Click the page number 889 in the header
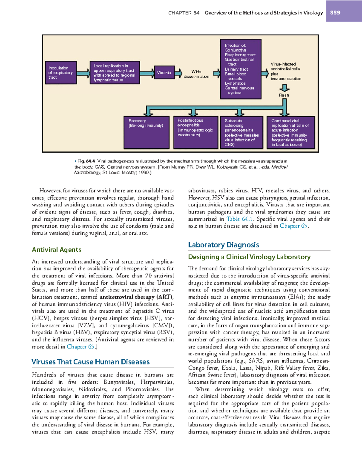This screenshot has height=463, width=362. (x=335, y=13)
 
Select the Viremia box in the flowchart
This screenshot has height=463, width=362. (x=164, y=73)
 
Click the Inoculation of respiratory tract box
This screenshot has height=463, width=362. (x=61, y=73)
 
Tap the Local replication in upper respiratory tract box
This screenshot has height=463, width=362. (x=115, y=73)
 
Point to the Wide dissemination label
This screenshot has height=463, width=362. (x=196, y=74)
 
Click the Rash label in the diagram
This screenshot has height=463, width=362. (x=284, y=95)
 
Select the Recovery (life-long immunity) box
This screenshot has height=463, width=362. (x=147, y=132)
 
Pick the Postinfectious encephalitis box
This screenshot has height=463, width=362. (x=195, y=132)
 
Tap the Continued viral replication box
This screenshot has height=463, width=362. (x=291, y=132)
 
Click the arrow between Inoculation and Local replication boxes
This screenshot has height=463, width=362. (x=83, y=73)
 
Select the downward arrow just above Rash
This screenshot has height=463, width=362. (x=284, y=88)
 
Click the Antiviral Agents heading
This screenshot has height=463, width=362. (x=57, y=250)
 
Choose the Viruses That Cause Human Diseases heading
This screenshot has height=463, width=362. (x=91, y=362)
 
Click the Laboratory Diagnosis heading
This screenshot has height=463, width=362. (x=224, y=245)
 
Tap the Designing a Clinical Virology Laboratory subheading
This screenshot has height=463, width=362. (x=249, y=257)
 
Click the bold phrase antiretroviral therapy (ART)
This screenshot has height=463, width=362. (x=136, y=297)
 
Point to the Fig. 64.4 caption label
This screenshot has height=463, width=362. (x=86, y=161)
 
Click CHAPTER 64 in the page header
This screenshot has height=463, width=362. (x=184, y=13)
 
